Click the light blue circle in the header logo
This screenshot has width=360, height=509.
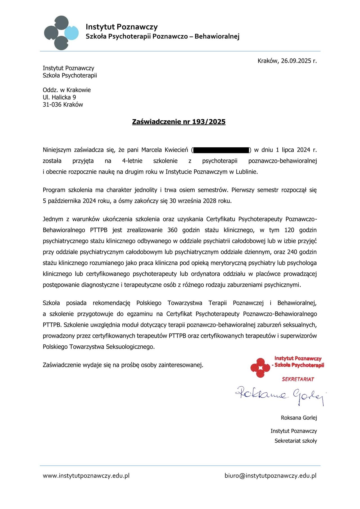pyautogui.click(x=71, y=33)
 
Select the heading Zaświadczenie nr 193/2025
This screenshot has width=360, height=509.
pyautogui.click(x=179, y=122)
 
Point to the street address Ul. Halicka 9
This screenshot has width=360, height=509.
pyautogui.click(x=59, y=97)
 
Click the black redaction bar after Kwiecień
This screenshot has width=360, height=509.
pyautogui.click(x=221, y=150)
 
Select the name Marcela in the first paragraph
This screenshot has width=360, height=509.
pyautogui.click(x=152, y=150)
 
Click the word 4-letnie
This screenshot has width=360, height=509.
pyautogui.click(x=132, y=161)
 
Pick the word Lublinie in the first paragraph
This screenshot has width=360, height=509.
pyautogui.click(x=246, y=172)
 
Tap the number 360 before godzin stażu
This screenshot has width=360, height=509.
pyautogui.click(x=172, y=230)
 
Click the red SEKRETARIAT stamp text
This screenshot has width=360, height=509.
pyautogui.click(x=298, y=379)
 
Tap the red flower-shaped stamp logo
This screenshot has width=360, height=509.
pyautogui.click(x=260, y=367)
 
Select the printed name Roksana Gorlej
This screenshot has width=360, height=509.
pyautogui.click(x=299, y=418)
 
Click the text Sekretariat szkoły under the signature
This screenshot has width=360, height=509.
pyautogui.click(x=296, y=441)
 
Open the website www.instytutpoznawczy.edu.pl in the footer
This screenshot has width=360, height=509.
pyautogui.click(x=86, y=476)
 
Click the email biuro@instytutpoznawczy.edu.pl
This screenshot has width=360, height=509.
pyautogui.click(x=270, y=476)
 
